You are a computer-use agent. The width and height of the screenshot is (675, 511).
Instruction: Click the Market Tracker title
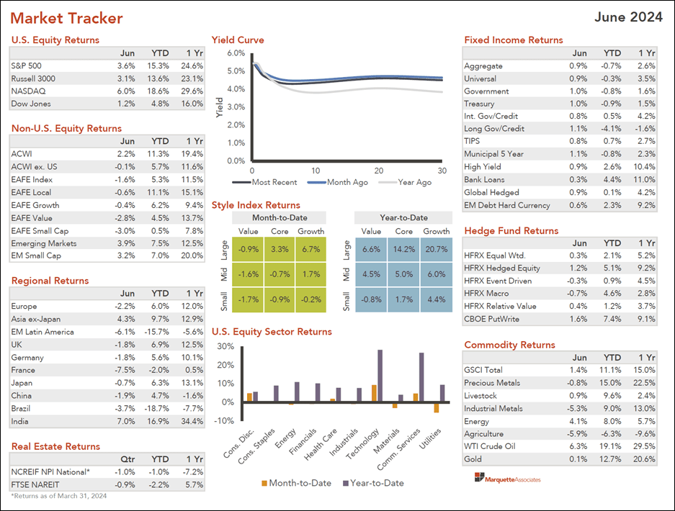pos(67,19)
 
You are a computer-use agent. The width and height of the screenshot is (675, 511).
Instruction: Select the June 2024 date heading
pos(628,18)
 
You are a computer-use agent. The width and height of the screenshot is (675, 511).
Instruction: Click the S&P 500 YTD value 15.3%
pos(160,65)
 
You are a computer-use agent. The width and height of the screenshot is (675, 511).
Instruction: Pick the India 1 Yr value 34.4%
pos(192,421)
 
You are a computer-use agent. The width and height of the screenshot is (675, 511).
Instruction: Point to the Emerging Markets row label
pos(44,243)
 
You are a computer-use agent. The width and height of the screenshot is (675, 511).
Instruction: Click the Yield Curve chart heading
pos(238,40)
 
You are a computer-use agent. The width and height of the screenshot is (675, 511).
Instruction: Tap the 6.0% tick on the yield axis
pos(236,53)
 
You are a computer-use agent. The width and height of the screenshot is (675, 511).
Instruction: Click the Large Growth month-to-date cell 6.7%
pos(310,249)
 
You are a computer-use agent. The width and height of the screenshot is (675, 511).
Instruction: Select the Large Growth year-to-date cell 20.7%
pos(436,249)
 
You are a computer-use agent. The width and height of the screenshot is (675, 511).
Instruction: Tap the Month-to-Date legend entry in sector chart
pos(295,483)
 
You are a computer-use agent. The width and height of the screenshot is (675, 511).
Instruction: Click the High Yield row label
pos(482,167)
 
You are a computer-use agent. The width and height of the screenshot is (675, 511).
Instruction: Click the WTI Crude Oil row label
pos(490,446)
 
